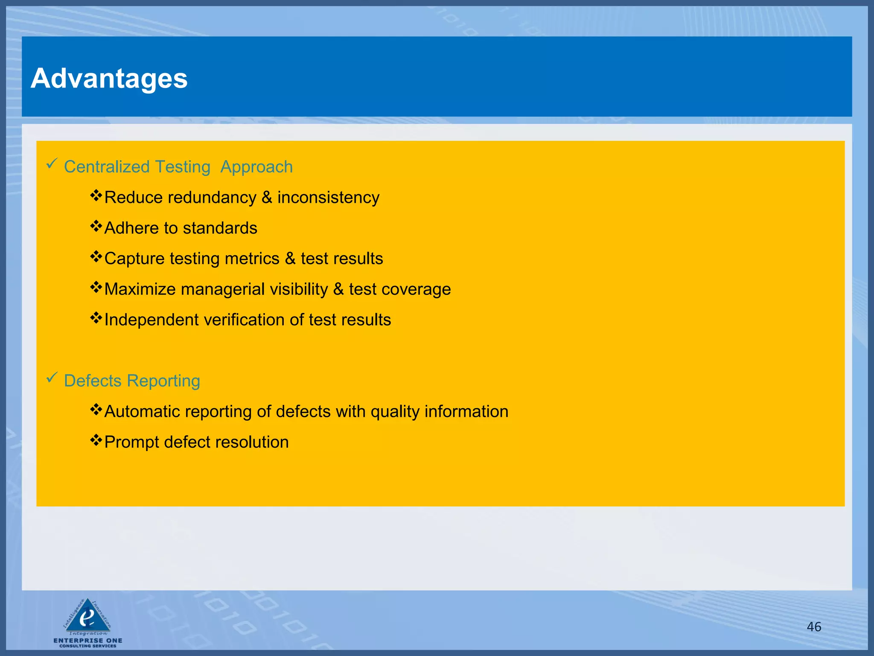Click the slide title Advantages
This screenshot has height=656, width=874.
pyautogui.click(x=109, y=79)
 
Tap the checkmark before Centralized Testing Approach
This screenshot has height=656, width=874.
pyautogui.click(x=52, y=164)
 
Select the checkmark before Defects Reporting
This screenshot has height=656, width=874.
pyautogui.click(x=52, y=378)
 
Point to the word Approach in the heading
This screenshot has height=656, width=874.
pyautogui.click(x=256, y=167)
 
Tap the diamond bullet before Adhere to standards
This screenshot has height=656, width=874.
pyautogui.click(x=96, y=226)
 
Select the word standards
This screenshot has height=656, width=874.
pyautogui.click(x=220, y=228)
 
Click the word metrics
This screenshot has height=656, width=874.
pyautogui.click(x=252, y=259)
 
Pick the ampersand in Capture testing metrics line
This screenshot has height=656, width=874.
pyautogui.click(x=290, y=259)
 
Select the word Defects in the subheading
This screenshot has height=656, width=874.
pyautogui.click(x=93, y=381)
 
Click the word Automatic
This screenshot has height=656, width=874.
pyautogui.click(x=142, y=412)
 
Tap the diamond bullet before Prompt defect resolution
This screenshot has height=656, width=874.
pyautogui.click(x=96, y=440)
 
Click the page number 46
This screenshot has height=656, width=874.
pyautogui.click(x=814, y=627)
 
